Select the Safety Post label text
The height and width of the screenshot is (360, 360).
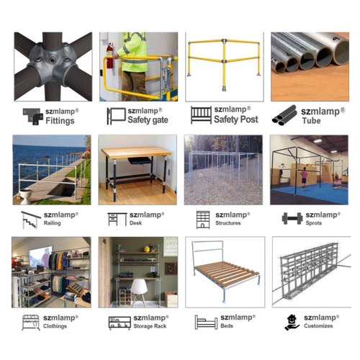(x=235, y=120)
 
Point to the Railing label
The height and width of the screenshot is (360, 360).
(x=55, y=224)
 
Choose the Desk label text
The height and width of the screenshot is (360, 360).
(x=136, y=224)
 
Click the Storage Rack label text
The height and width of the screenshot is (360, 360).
(x=149, y=327)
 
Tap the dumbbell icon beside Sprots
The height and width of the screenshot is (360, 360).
(x=291, y=218)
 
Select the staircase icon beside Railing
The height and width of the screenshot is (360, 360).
(x=31, y=219)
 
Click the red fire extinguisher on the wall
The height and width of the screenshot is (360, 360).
(x=109, y=58)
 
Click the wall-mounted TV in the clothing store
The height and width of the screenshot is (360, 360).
(x=40, y=257)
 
